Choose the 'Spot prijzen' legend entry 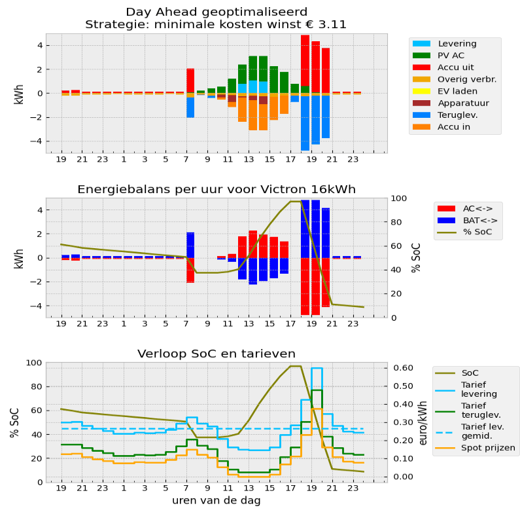click(488, 448)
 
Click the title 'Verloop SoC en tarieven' click(216, 354)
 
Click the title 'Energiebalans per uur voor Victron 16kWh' click(217, 189)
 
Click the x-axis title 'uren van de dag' click(217, 500)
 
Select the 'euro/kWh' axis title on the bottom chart click(423, 422)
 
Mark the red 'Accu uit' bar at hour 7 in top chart click(190, 80)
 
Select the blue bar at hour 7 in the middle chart click(190, 245)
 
